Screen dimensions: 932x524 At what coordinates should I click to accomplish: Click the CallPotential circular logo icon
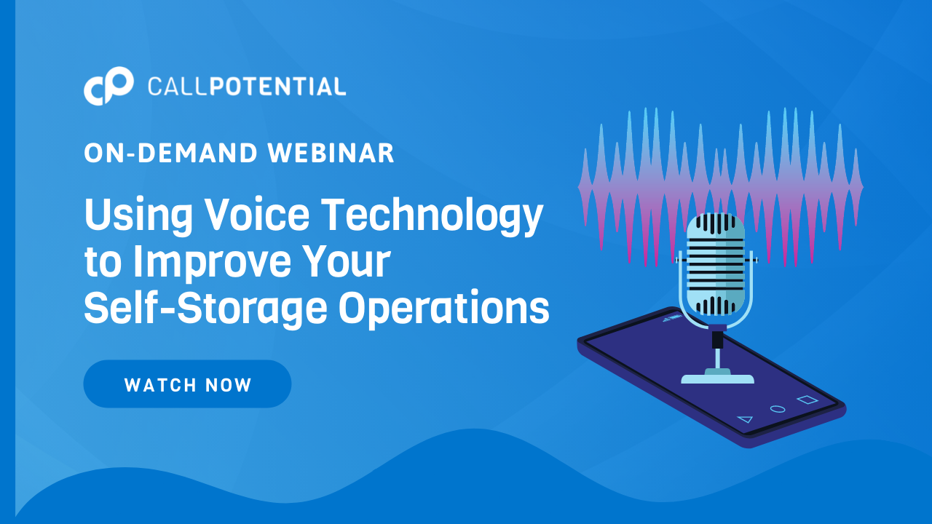(x=108, y=86)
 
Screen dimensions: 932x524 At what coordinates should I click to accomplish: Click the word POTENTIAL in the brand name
(x=277, y=87)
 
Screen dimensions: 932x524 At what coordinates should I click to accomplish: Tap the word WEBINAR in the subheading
(x=331, y=153)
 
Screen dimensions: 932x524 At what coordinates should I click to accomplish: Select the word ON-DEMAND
(x=171, y=153)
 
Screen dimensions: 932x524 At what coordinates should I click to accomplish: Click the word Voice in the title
(x=258, y=214)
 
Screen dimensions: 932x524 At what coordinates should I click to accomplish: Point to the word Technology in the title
(x=432, y=217)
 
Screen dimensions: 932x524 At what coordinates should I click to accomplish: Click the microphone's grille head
(x=716, y=264)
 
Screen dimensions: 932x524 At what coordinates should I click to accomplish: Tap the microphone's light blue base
(x=717, y=377)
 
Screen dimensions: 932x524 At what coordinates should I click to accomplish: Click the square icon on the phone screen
(x=807, y=400)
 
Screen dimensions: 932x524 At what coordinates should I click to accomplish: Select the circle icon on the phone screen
(x=777, y=409)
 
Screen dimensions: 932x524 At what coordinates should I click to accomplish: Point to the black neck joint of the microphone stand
(x=717, y=339)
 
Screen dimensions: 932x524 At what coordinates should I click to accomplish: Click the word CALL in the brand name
(x=176, y=87)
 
